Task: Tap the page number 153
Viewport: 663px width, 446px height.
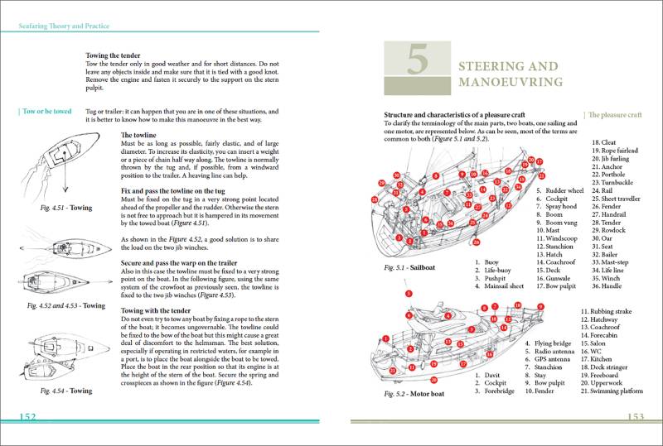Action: (x=636, y=417)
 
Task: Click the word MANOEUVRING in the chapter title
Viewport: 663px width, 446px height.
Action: (x=511, y=82)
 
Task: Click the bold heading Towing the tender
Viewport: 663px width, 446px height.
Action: (x=119, y=55)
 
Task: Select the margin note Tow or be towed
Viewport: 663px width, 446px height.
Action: (x=46, y=111)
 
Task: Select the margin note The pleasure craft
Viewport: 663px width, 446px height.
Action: (x=613, y=115)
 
